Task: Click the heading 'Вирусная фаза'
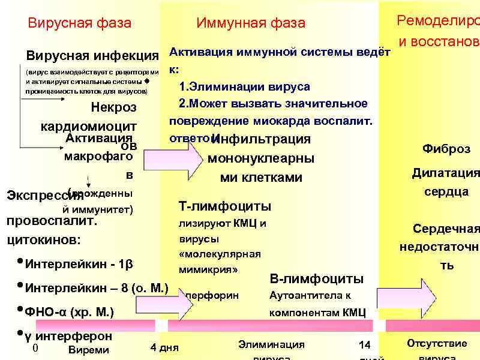point(80,23)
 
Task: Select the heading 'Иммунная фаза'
point(251,23)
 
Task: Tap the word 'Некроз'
point(113,108)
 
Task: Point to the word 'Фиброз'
point(446,149)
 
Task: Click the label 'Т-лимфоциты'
point(225,206)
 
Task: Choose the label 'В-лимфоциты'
point(317,278)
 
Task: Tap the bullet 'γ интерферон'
point(68,335)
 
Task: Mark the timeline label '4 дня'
point(164,347)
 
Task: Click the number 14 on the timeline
point(365,345)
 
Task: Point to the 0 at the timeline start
point(35,348)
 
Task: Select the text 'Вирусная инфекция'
point(92,56)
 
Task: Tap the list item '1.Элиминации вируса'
point(244,87)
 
